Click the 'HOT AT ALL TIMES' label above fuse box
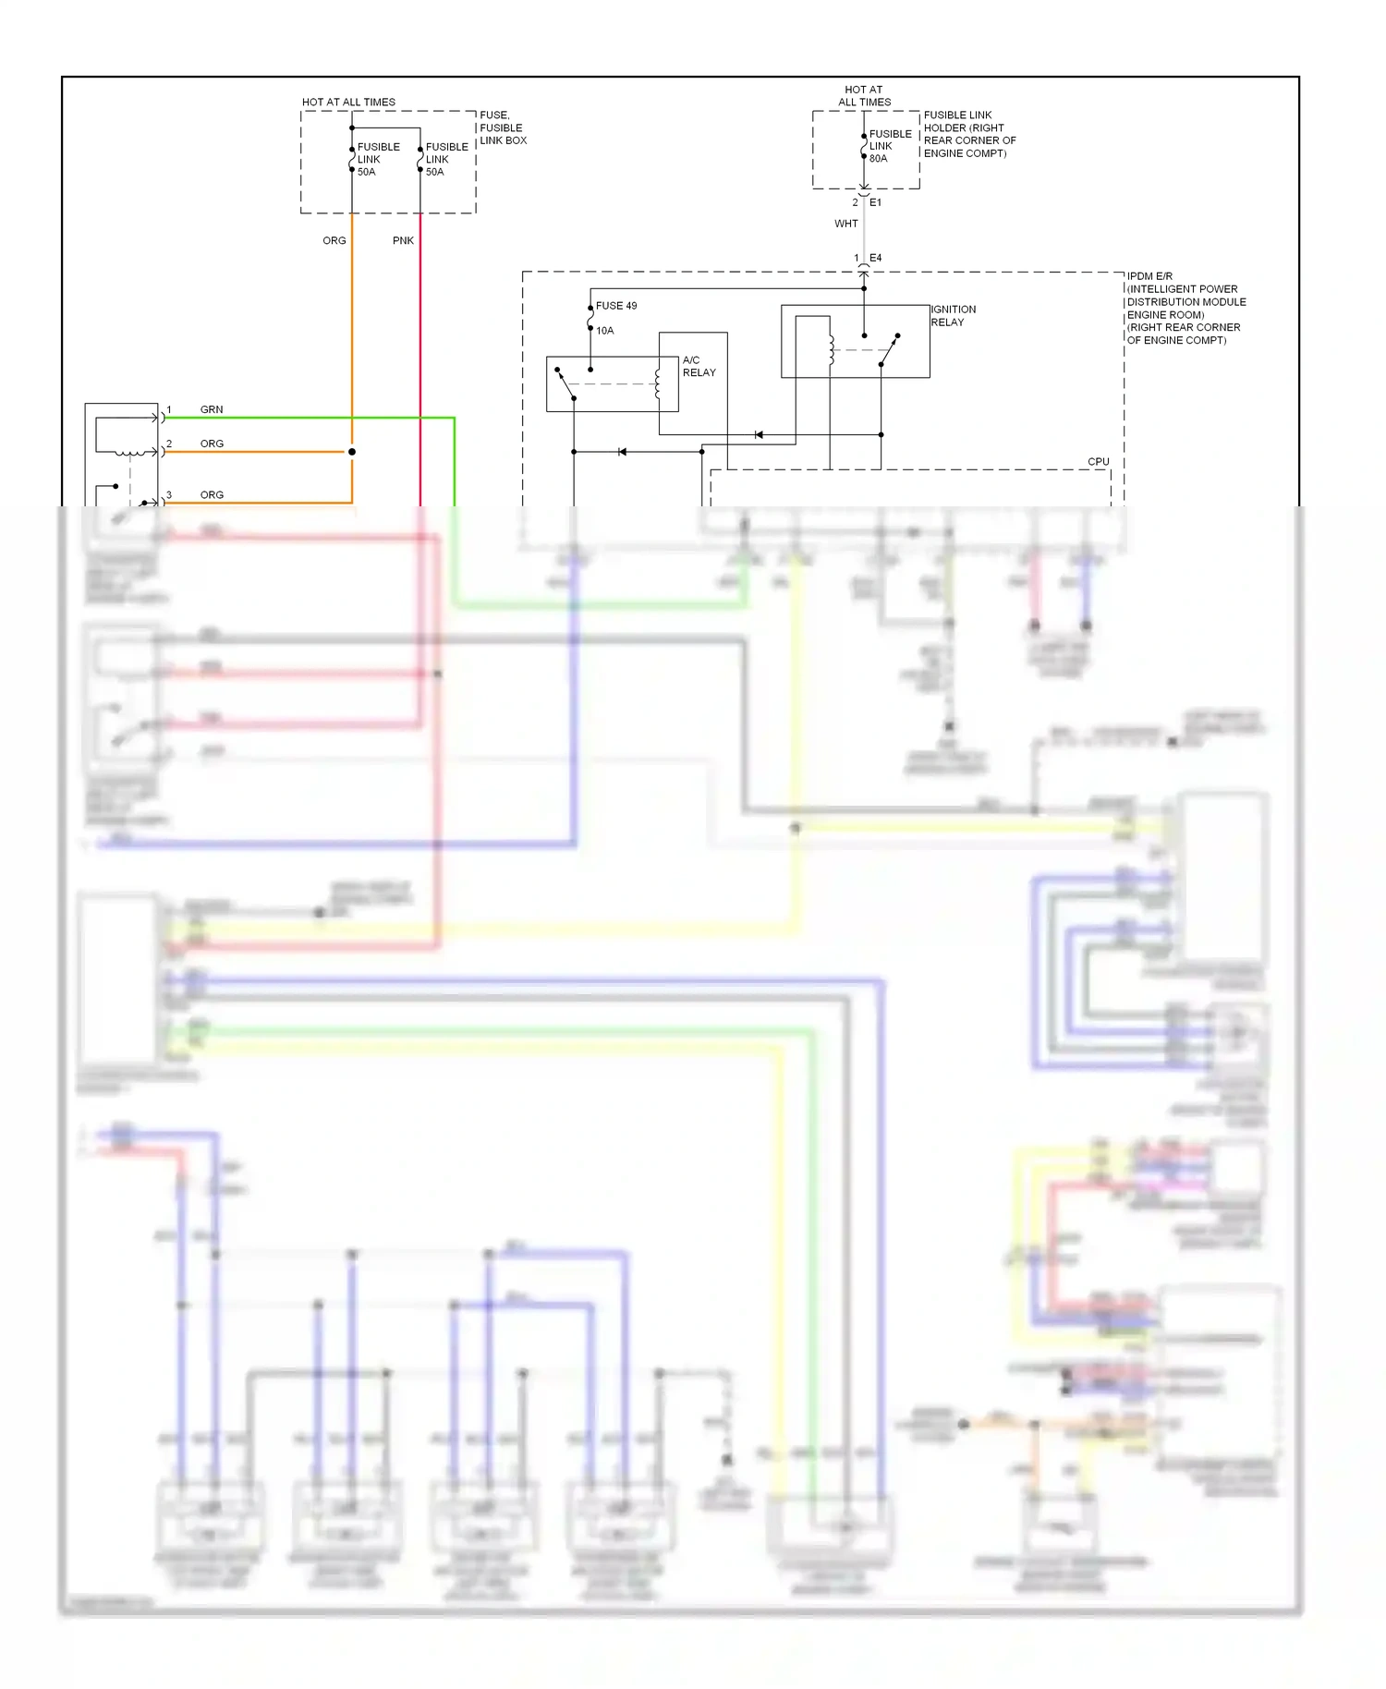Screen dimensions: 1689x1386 [348, 102]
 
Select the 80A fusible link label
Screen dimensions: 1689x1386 [890, 146]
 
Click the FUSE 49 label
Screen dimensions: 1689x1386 [616, 306]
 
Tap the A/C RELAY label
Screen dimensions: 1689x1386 [699, 366]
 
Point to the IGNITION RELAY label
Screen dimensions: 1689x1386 [953, 316]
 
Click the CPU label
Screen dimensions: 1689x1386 [1098, 461]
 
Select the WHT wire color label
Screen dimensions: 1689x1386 [845, 224]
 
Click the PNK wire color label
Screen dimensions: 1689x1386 [403, 240]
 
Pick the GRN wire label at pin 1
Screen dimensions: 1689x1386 [212, 409]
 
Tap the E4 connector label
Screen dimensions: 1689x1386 [875, 258]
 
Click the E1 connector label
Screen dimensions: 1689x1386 [875, 202]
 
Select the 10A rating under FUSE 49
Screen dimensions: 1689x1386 [604, 331]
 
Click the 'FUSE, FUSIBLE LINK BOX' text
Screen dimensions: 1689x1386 [503, 128]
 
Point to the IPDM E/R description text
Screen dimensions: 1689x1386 [1185, 308]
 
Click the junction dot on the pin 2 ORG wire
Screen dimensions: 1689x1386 [352, 452]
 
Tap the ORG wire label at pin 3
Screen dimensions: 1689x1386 [212, 495]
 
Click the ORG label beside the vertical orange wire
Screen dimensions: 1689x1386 [334, 240]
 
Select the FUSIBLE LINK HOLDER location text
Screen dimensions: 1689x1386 [969, 134]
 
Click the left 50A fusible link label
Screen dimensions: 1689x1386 [378, 159]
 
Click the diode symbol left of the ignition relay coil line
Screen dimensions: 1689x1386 [759, 434]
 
